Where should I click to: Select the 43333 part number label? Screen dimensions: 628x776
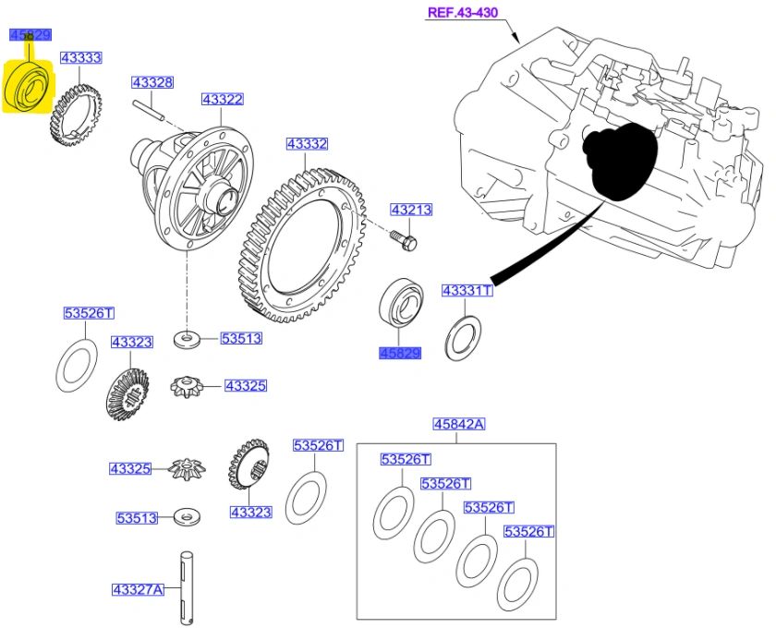click(80, 57)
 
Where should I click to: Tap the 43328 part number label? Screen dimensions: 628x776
click(152, 82)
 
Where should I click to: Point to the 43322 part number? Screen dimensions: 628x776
click(223, 99)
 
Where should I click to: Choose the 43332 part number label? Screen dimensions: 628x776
click(307, 144)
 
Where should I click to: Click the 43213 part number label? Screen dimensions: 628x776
click(410, 210)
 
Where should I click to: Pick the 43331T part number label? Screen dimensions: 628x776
click(467, 291)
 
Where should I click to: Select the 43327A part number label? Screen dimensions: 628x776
click(138, 588)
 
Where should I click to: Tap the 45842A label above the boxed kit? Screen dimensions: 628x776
click(459, 424)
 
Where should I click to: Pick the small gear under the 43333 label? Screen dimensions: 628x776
click(73, 116)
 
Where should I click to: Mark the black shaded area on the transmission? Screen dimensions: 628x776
click(619, 162)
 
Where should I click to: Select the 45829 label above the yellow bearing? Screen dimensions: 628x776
click(29, 35)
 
